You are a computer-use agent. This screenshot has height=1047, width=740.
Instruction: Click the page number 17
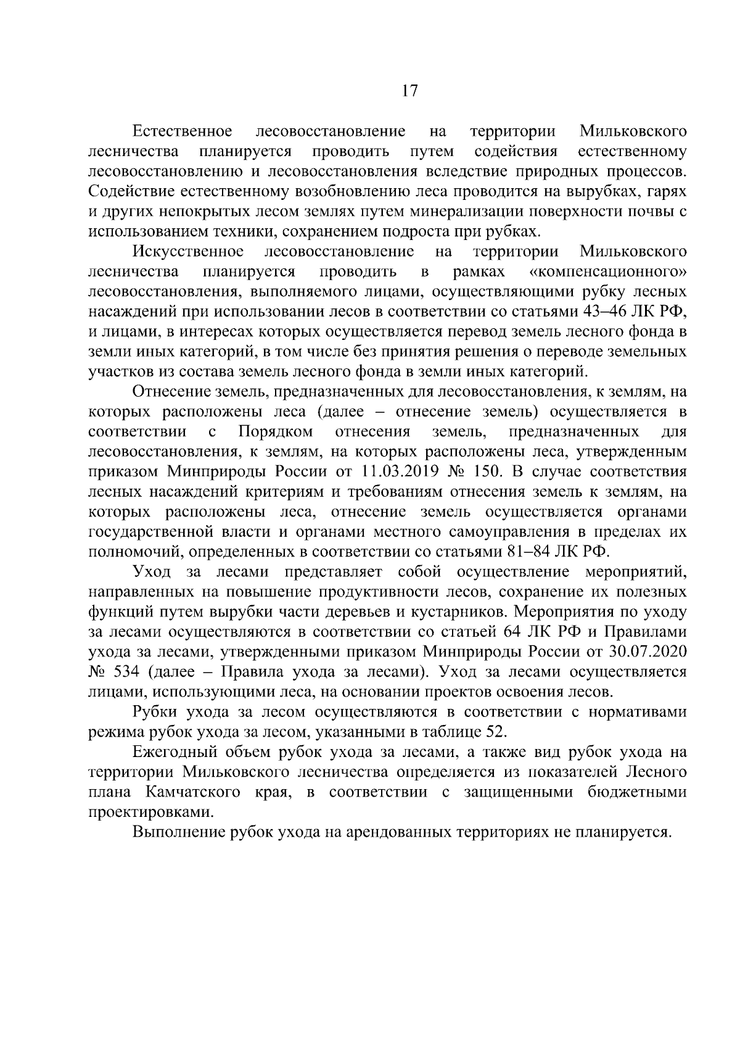[409, 91]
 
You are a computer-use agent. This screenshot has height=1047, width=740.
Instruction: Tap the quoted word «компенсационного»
[608, 271]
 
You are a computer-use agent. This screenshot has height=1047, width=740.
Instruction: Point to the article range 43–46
[610, 312]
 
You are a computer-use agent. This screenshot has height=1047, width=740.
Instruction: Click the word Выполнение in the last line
[179, 832]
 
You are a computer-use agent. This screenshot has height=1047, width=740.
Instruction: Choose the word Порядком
[276, 432]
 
